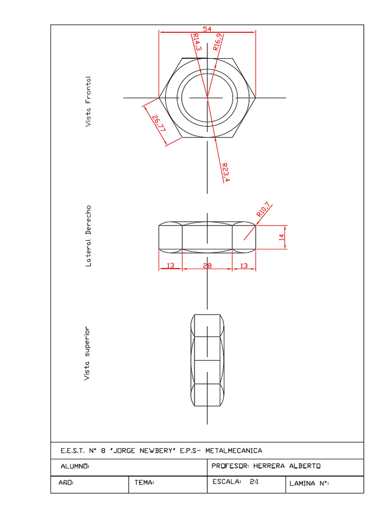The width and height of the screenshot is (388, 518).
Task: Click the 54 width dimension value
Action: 207,29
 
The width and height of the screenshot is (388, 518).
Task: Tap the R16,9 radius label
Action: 218,41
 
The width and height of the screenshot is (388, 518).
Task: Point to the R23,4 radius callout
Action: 225,172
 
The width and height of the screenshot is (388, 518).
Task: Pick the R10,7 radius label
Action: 264,210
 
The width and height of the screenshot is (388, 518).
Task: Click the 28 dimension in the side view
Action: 207,266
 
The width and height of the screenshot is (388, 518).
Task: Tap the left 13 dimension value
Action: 170,266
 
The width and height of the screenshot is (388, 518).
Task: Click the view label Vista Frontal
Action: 88,102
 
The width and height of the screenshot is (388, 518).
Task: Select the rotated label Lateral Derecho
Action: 89,236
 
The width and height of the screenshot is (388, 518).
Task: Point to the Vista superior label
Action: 87,353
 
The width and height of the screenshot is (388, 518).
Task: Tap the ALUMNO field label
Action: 75,466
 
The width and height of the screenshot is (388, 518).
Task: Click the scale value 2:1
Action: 254,482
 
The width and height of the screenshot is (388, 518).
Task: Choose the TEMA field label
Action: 144,483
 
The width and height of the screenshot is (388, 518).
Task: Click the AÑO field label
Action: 66,483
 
